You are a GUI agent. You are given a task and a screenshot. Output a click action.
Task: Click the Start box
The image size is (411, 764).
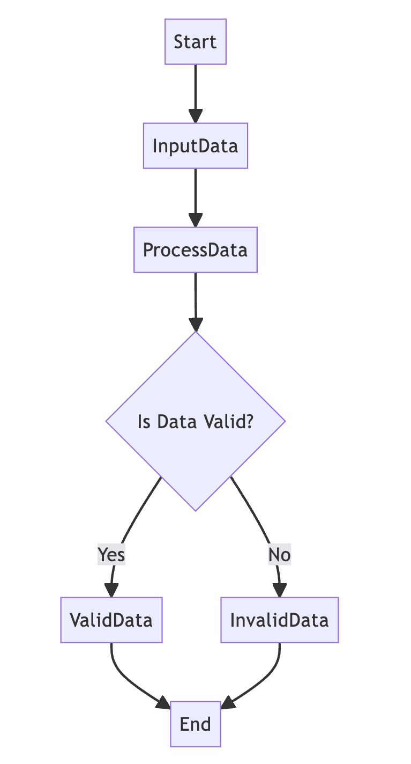coord(196,42)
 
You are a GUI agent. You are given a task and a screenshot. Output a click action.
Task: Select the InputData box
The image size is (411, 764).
coord(196,146)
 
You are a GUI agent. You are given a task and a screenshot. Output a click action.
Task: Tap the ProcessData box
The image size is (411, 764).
coord(196,250)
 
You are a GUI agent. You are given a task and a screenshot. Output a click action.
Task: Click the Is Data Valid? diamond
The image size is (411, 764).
coord(196,421)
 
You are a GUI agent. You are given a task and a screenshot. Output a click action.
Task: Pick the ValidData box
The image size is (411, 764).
coord(111,620)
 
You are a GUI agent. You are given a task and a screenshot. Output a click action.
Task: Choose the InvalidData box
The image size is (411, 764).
coord(279,620)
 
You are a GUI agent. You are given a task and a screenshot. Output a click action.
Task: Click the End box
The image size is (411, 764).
coord(196,724)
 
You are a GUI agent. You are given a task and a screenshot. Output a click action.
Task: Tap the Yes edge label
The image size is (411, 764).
coord(111,554)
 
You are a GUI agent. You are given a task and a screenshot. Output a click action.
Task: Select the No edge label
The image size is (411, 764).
coord(279,554)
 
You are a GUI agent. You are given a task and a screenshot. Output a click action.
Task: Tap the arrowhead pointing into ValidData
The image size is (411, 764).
coord(111,590)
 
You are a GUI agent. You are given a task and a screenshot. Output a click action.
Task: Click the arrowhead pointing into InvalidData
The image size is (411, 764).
coord(279,590)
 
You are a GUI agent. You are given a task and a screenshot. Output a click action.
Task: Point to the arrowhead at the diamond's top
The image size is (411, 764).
coord(196,325)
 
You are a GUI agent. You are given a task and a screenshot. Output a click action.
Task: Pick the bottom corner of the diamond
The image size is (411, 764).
coord(196,508)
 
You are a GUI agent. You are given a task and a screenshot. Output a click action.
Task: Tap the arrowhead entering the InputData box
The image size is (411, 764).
coord(196,116)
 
